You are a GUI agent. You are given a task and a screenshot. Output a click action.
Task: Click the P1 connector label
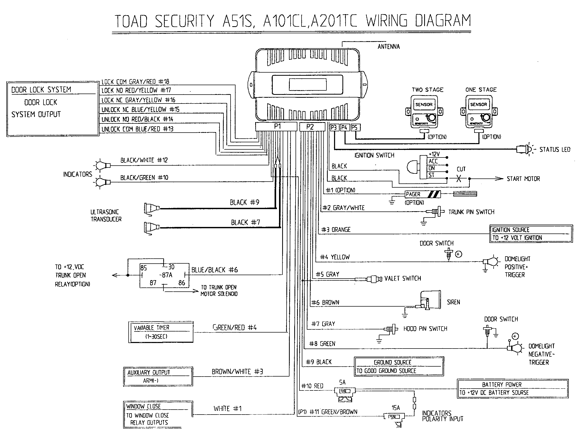[277, 127]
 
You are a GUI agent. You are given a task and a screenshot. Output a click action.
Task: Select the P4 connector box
[344, 128]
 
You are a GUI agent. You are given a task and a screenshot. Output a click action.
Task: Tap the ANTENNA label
[389, 47]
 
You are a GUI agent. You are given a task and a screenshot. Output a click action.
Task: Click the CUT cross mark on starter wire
[459, 179]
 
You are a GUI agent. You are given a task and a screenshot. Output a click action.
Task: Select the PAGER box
[423, 194]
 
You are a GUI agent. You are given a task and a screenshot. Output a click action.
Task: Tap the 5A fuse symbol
[344, 391]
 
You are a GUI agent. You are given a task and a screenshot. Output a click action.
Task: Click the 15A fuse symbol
[394, 416]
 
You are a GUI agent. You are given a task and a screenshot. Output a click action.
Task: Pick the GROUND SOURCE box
[398, 366]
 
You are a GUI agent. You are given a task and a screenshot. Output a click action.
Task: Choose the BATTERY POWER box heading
[502, 384]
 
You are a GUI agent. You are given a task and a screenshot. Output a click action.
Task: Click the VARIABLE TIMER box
[161, 332]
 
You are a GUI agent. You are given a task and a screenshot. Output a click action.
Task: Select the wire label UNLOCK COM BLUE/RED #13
[137, 129]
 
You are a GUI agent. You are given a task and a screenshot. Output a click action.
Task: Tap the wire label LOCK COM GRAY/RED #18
[135, 82]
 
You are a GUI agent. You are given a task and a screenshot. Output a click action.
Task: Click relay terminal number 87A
[166, 275]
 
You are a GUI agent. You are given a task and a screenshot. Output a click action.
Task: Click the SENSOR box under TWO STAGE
[424, 105]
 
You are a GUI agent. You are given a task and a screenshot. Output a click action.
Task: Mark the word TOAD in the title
[132, 21]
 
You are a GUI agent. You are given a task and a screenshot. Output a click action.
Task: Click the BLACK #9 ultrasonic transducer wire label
[244, 203]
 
